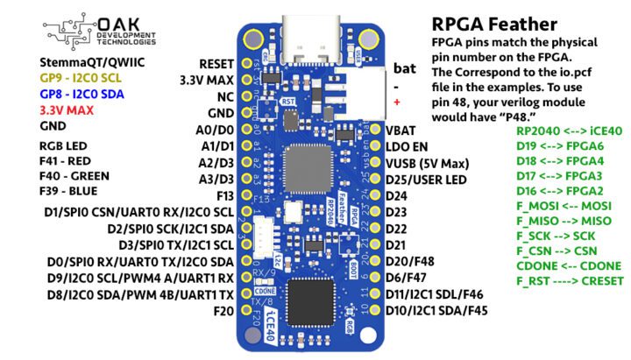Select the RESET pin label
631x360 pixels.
coord(216,64)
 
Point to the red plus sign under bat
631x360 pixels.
coord(397,103)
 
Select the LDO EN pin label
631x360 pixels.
coord(405,145)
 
